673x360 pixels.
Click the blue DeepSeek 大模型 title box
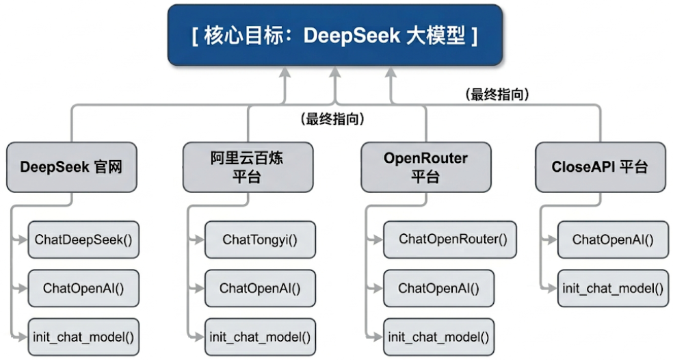[334, 35]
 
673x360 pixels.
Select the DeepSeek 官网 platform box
[72, 167]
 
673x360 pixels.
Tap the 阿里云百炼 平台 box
[248, 167]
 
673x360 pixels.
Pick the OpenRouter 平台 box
[426, 167]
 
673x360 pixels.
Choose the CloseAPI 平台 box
[601, 167]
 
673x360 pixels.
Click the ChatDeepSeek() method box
[83, 240]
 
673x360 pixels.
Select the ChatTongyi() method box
[260, 240]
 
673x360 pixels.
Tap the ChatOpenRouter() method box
[450, 240]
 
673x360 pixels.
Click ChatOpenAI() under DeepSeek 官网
[83, 288]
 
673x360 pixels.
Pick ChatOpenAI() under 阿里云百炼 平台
[260, 288]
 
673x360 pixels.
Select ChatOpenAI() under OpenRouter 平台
[438, 288]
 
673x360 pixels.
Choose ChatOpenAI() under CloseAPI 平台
[613, 240]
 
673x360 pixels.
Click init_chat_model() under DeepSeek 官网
[83, 337]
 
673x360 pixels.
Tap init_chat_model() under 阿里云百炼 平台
[260, 337]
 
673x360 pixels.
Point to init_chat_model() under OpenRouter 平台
[438, 337]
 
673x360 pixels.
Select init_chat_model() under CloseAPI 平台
[613, 288]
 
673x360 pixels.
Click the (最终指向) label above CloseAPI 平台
[497, 94]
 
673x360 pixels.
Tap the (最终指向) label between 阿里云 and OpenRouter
[332, 119]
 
